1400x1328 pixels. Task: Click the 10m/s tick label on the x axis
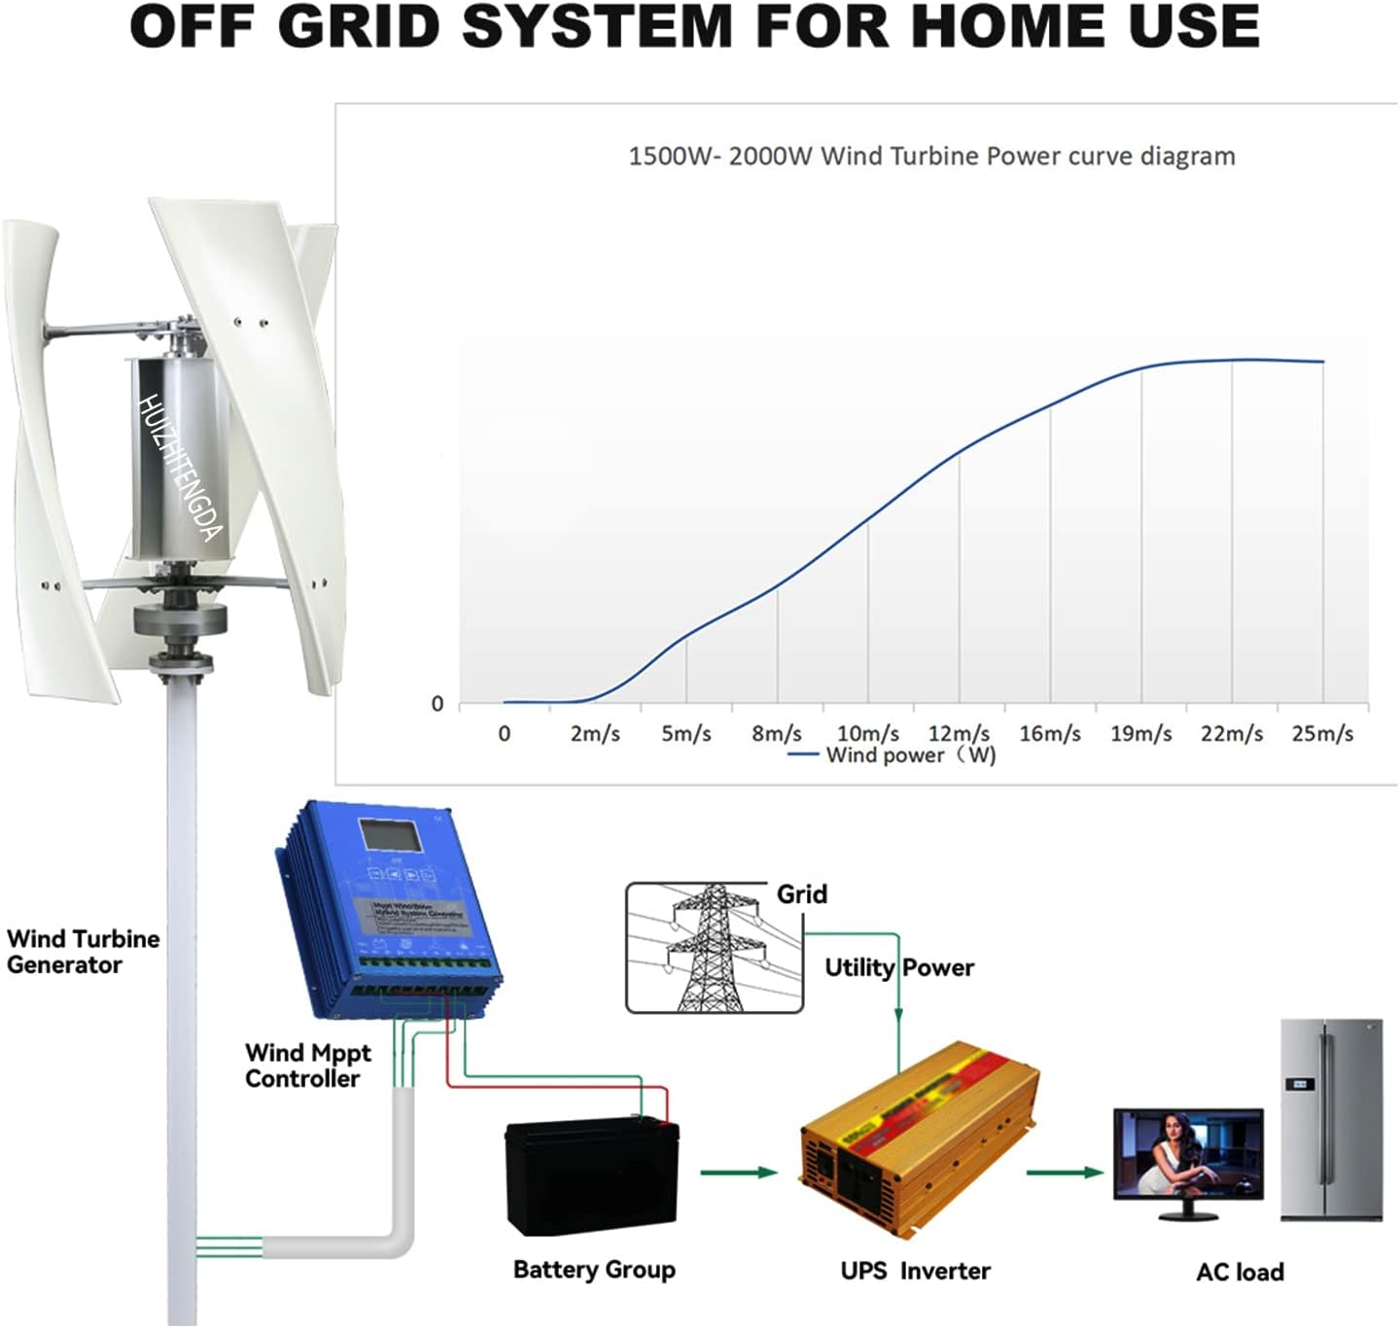[867, 733]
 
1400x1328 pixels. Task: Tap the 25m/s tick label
[1322, 733]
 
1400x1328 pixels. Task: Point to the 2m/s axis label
[595, 733]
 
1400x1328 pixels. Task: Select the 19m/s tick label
[1140, 733]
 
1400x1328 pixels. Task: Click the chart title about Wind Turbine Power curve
[931, 157]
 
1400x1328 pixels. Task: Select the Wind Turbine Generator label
[83, 952]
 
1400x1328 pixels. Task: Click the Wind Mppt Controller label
[307, 1066]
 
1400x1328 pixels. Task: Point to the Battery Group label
[594, 1270]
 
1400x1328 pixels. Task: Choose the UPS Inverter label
[915, 1271]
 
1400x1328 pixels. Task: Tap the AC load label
[1240, 1272]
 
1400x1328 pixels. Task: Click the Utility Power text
[898, 967]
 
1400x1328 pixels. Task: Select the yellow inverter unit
[918, 1137]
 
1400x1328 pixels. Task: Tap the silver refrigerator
[1331, 1119]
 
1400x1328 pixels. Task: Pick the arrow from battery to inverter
[738, 1172]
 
